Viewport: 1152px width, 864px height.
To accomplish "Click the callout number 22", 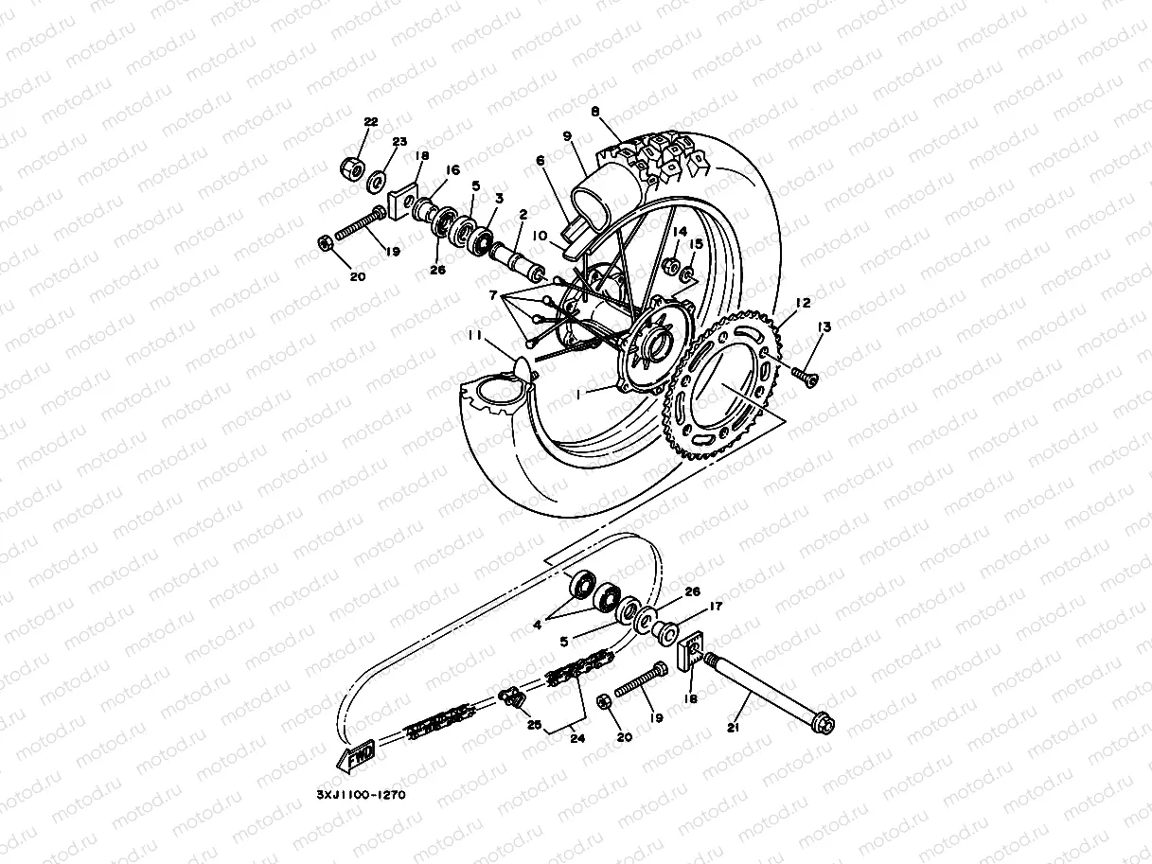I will tap(370, 122).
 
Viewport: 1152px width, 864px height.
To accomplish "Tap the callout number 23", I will tap(399, 142).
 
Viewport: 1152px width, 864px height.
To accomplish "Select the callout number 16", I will tap(452, 170).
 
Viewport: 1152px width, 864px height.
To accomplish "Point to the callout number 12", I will tap(802, 304).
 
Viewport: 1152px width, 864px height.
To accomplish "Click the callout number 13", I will tap(824, 326).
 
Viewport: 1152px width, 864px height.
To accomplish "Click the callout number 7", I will tap(492, 296).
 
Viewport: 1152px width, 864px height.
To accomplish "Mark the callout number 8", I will tap(595, 112).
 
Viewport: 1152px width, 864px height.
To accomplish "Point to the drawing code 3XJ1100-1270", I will tap(362, 795).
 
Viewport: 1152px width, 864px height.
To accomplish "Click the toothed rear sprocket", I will tap(729, 388).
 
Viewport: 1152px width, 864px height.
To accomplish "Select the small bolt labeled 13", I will tap(807, 378).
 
